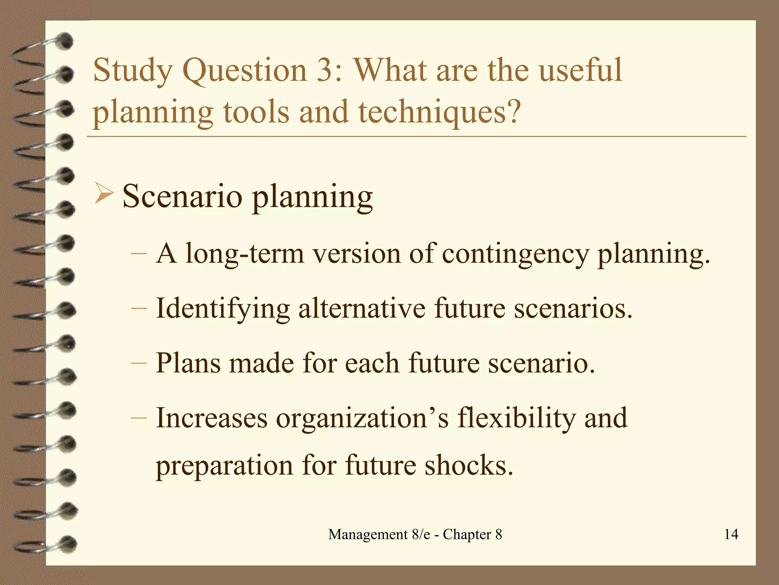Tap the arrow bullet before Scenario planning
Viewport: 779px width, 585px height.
[103, 193]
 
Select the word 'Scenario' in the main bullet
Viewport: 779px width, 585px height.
[182, 197]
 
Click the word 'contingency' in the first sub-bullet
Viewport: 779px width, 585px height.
[515, 254]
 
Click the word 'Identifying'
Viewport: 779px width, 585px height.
[223, 309]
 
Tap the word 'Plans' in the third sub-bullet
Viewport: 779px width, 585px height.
[188, 363]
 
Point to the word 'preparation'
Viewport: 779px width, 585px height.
[224, 467]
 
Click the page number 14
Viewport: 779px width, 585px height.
[731, 534]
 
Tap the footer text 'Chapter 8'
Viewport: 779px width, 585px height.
[472, 534]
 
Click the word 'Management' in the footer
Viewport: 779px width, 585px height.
[368, 534]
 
